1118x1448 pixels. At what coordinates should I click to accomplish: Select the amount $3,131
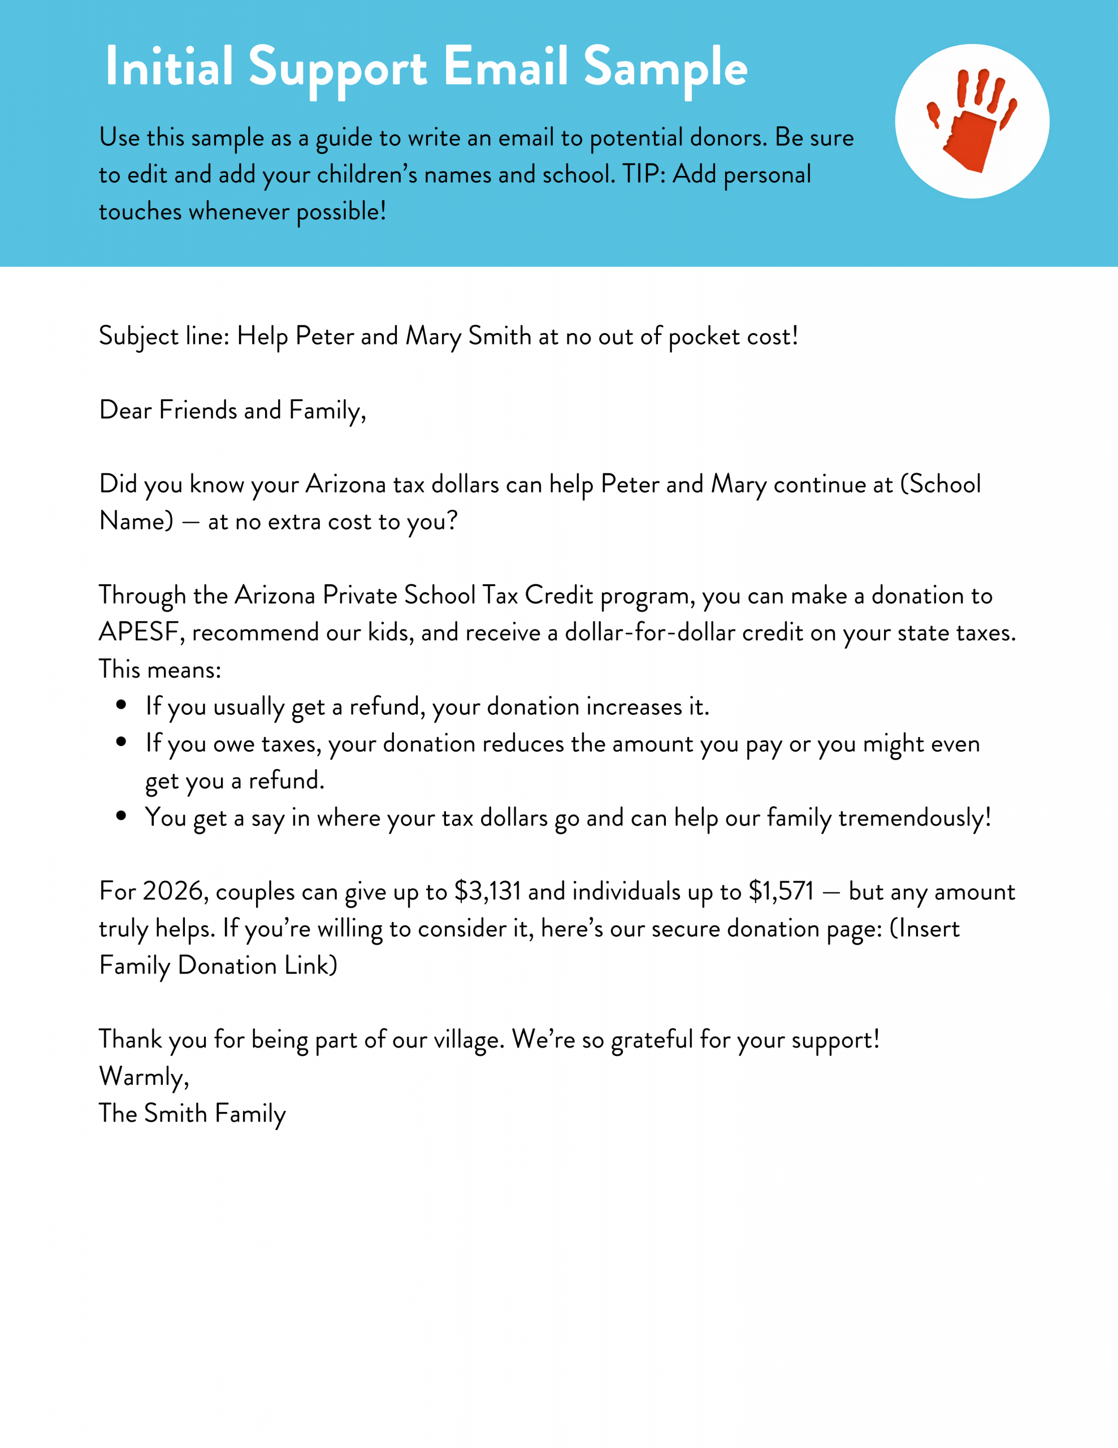tap(487, 891)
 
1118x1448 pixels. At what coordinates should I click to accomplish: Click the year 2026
tap(172, 891)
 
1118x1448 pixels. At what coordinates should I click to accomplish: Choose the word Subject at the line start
tap(138, 337)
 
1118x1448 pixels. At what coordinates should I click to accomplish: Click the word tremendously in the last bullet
tap(914, 817)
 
